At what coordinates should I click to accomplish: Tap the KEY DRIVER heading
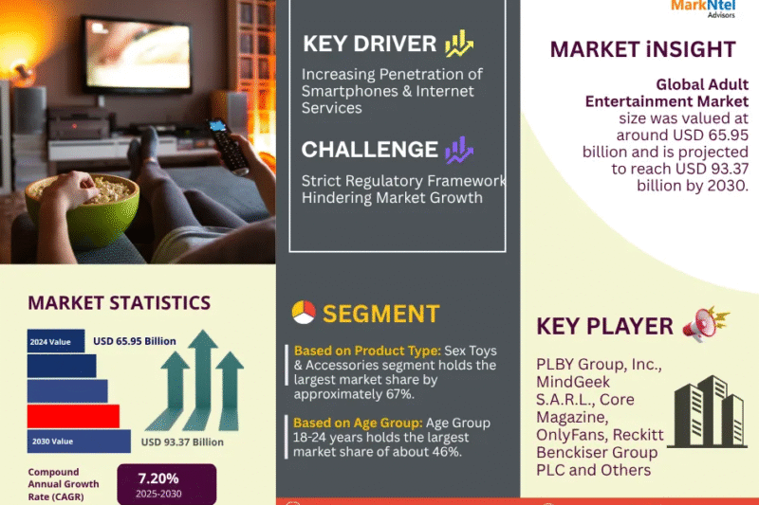pyautogui.click(x=370, y=44)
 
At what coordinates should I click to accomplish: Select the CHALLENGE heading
pyautogui.click(x=369, y=150)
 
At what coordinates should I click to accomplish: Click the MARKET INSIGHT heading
pyautogui.click(x=642, y=49)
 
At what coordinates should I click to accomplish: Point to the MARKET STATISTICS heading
pyautogui.click(x=119, y=303)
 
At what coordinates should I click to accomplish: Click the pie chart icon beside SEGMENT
pyautogui.click(x=304, y=313)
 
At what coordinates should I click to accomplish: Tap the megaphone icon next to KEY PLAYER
pyautogui.click(x=706, y=325)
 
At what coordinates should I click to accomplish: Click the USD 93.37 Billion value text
pyautogui.click(x=182, y=442)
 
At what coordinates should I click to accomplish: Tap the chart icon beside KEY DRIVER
pyautogui.click(x=460, y=43)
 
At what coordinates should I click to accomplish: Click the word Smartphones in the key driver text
pyautogui.click(x=348, y=91)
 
